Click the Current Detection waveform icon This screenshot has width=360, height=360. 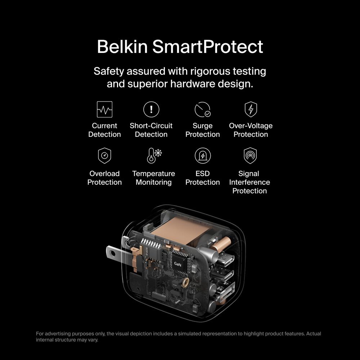tap(104, 109)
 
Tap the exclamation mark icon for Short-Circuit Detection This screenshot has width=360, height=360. tap(151, 109)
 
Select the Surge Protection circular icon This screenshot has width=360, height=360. tap(202, 109)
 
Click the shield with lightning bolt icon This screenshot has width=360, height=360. tap(251, 109)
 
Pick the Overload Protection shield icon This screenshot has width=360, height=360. tap(104, 156)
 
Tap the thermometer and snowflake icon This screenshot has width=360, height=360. tap(154, 156)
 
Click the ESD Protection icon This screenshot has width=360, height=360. tap(202, 156)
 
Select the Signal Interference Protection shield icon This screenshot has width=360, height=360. tap(250, 156)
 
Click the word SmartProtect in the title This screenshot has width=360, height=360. tap(208, 46)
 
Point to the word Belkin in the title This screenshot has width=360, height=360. tap(122, 46)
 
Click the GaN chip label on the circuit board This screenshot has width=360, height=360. tap(177, 264)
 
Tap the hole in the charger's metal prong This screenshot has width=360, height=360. tap(112, 253)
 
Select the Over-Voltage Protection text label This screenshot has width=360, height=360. tap(251, 130)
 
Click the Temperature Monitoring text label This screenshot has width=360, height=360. tap(154, 178)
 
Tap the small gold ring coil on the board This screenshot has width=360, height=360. tap(185, 282)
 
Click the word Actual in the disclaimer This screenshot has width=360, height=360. tap(314, 334)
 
